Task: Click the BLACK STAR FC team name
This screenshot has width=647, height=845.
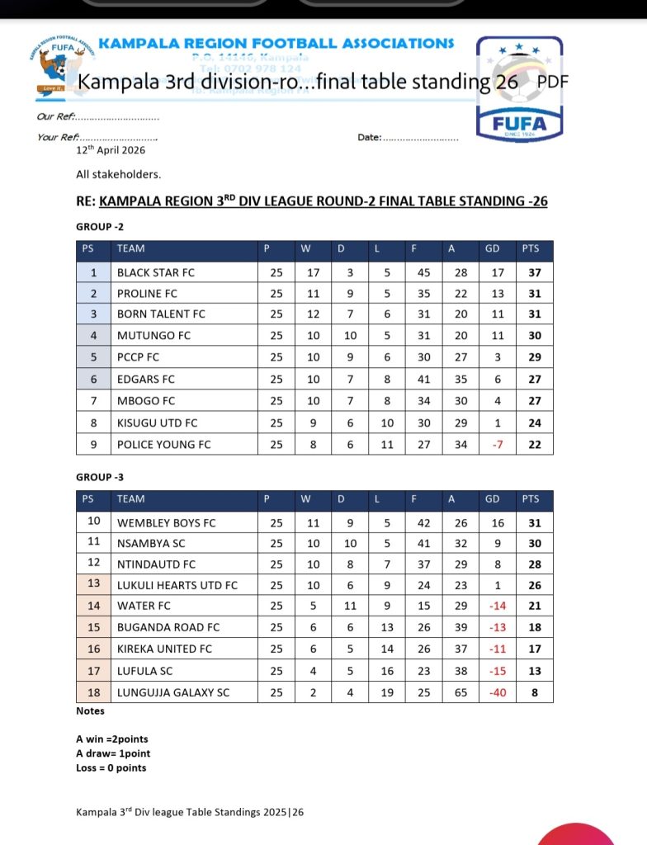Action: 156,272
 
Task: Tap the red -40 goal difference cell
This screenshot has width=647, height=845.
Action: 498,692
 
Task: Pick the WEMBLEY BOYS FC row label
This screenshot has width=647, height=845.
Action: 166,522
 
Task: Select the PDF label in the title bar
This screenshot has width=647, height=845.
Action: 553,82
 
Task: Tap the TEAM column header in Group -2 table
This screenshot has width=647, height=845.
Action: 130,248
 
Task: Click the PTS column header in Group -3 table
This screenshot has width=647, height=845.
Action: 531,498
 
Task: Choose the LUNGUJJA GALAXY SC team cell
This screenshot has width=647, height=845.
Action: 173,692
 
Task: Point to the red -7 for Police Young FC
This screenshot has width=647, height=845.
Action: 498,444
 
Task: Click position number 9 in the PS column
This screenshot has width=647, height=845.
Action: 94,444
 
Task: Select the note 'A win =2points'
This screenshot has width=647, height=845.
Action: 112,739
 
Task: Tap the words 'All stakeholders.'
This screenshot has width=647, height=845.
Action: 119,175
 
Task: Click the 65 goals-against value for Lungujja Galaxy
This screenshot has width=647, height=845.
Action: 461,692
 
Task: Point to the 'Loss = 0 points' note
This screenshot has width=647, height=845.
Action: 111,767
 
